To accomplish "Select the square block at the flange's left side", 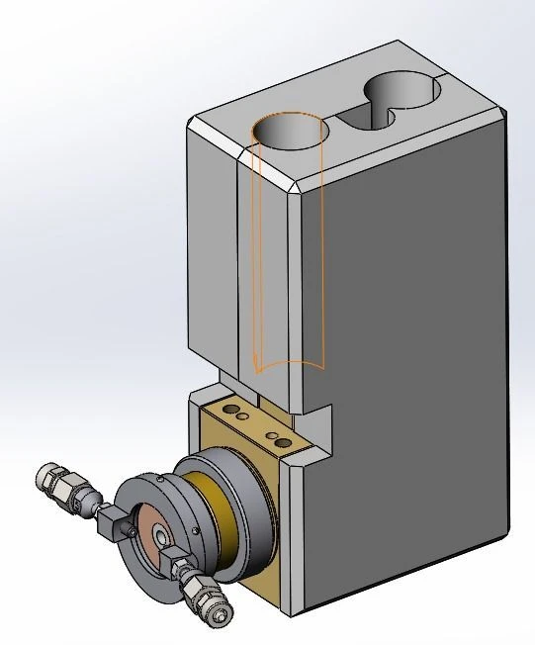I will click(x=117, y=523).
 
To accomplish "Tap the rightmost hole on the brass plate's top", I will click(x=284, y=442).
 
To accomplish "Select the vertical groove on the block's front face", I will click(x=238, y=267).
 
